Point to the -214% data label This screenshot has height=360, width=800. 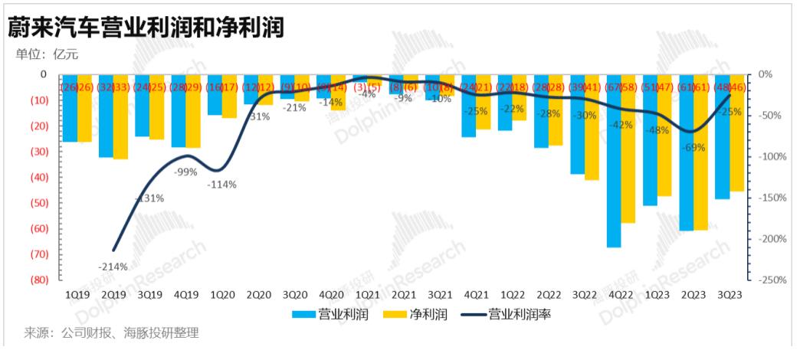pos(113,267)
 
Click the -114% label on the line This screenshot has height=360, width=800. pos(221,184)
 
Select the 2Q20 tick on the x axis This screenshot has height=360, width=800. pos(258,293)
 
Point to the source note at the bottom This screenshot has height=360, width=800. pos(112,333)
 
